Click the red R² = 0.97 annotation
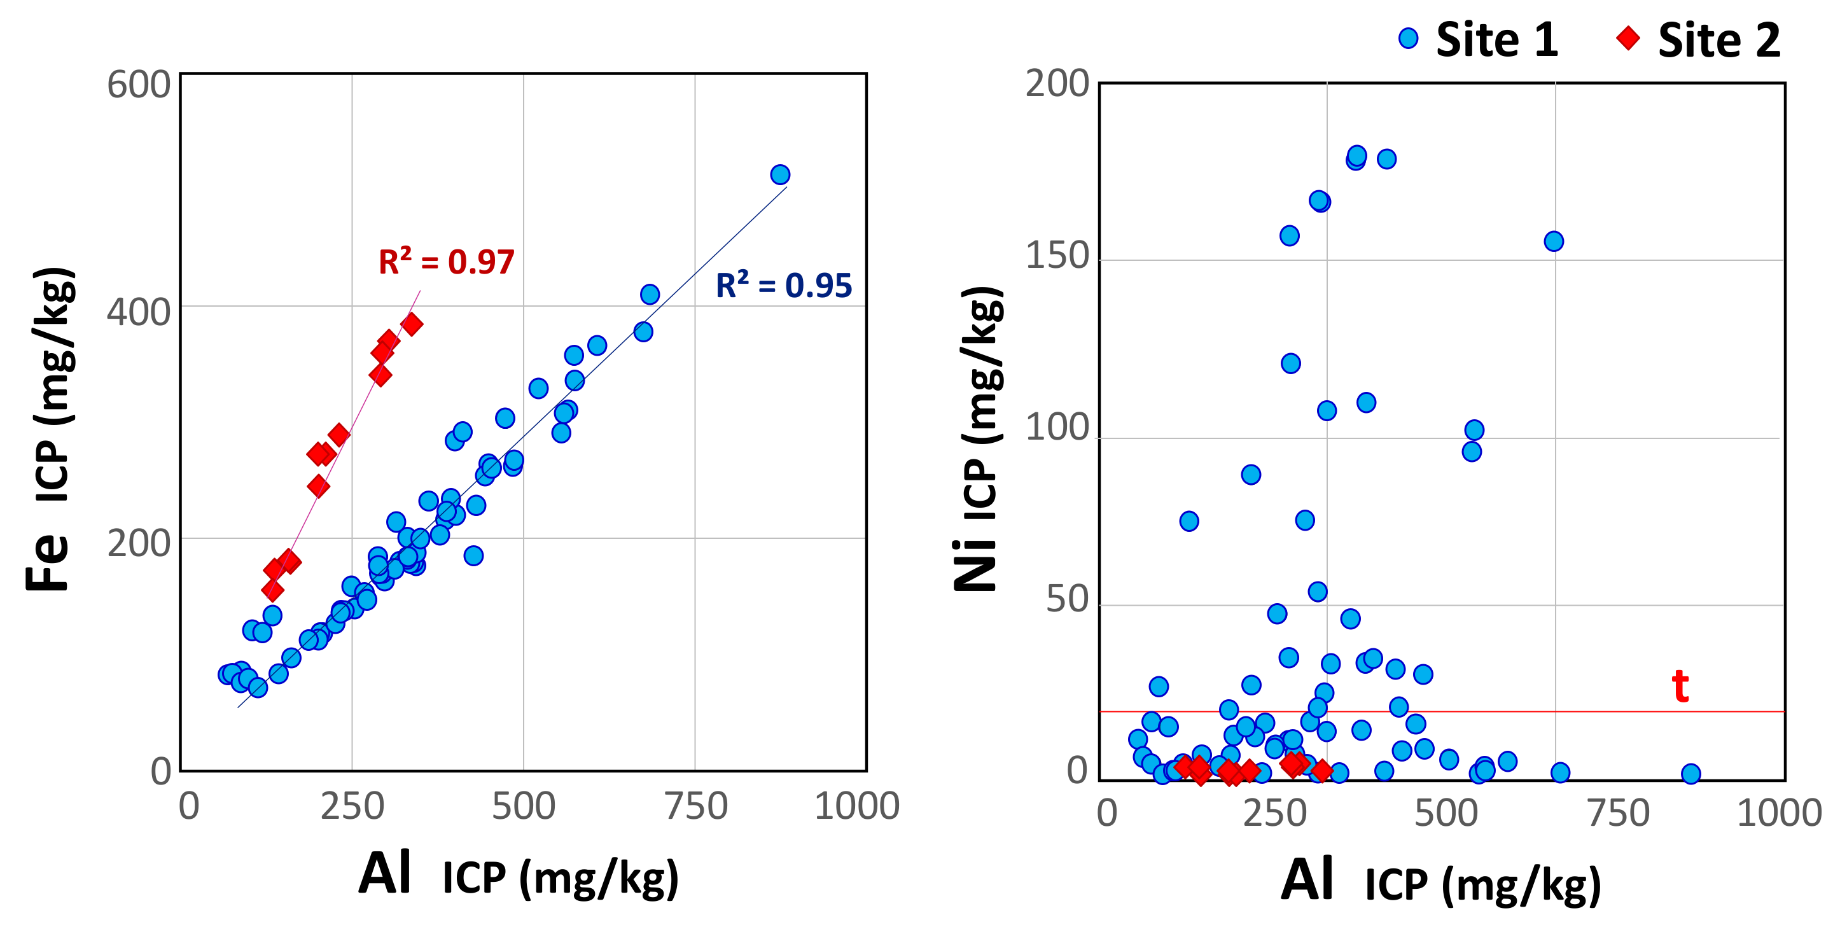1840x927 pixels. point(446,262)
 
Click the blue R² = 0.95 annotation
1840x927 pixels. point(784,286)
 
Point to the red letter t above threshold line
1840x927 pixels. point(1680,687)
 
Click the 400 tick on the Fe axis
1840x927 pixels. point(139,312)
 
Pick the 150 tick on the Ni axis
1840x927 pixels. point(1057,256)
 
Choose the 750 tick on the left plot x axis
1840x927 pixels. point(695,806)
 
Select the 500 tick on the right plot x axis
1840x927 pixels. point(1446,814)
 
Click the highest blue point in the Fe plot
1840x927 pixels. point(780,174)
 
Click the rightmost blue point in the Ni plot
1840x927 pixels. point(1690,774)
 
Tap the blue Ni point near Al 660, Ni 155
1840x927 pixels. point(1554,241)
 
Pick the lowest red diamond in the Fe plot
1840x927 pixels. point(272,590)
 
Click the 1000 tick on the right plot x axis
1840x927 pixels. point(1778,814)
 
